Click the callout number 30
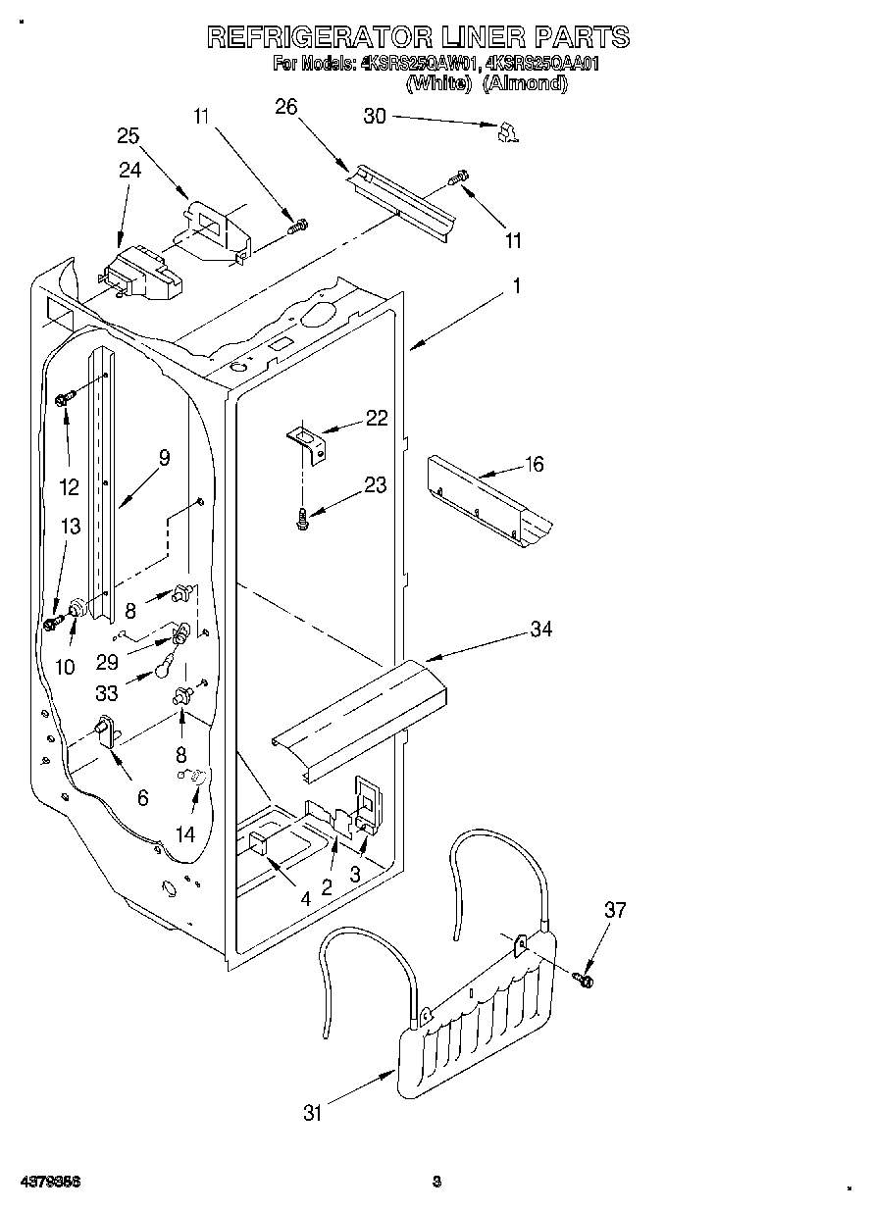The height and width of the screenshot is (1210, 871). (376, 116)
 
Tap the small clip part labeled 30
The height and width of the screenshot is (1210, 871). (507, 132)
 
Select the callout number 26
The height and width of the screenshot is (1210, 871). (285, 107)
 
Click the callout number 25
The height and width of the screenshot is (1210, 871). (128, 136)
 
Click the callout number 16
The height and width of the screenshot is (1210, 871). (535, 464)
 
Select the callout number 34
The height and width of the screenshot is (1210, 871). (541, 630)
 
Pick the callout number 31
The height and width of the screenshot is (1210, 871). (313, 1113)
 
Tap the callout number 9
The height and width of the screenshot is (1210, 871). (163, 457)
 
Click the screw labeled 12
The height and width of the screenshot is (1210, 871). (67, 398)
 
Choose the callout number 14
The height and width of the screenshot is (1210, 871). (184, 833)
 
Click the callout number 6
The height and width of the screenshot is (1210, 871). (143, 798)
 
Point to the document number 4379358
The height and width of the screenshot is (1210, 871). (48, 1182)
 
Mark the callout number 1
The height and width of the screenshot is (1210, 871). (516, 287)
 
